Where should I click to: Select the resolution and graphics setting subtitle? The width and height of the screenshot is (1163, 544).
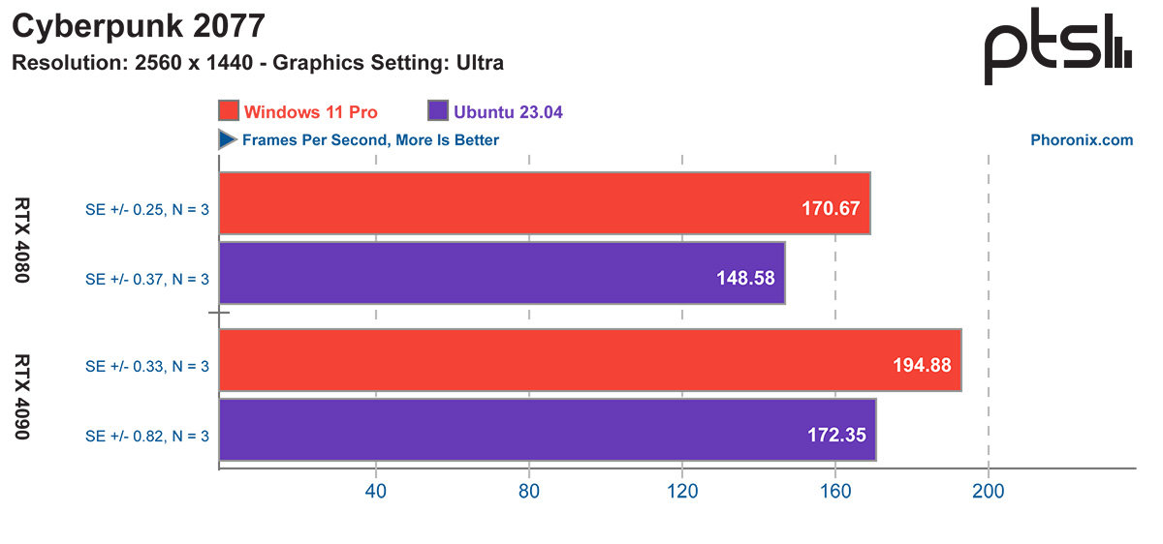pyautogui.click(x=257, y=64)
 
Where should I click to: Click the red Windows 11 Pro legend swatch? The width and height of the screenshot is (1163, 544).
pyautogui.click(x=229, y=111)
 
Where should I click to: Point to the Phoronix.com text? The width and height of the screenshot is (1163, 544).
pyautogui.click(x=1081, y=140)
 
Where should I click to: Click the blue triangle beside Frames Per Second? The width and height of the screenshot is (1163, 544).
pyautogui.click(x=228, y=140)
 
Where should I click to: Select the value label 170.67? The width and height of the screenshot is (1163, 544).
pyautogui.click(x=831, y=207)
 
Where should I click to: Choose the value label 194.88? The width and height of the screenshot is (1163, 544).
pyautogui.click(x=921, y=365)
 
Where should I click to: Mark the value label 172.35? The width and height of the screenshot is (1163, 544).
pyautogui.click(x=836, y=435)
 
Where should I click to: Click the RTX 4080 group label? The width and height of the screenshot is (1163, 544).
pyautogui.click(x=22, y=239)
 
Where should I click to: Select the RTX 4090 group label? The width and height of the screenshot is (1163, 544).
pyautogui.click(x=22, y=396)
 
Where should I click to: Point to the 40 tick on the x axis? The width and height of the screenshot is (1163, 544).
pyautogui.click(x=375, y=492)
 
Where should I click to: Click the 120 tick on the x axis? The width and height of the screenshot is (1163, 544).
pyautogui.click(x=682, y=492)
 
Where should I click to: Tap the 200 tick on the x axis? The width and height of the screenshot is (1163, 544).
pyautogui.click(x=988, y=492)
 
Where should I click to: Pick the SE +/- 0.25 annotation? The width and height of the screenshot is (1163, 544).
pyautogui.click(x=147, y=205)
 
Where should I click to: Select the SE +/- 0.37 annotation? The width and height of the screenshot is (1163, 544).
pyautogui.click(x=147, y=278)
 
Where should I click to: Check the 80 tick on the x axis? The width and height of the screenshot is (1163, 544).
pyautogui.click(x=529, y=492)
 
